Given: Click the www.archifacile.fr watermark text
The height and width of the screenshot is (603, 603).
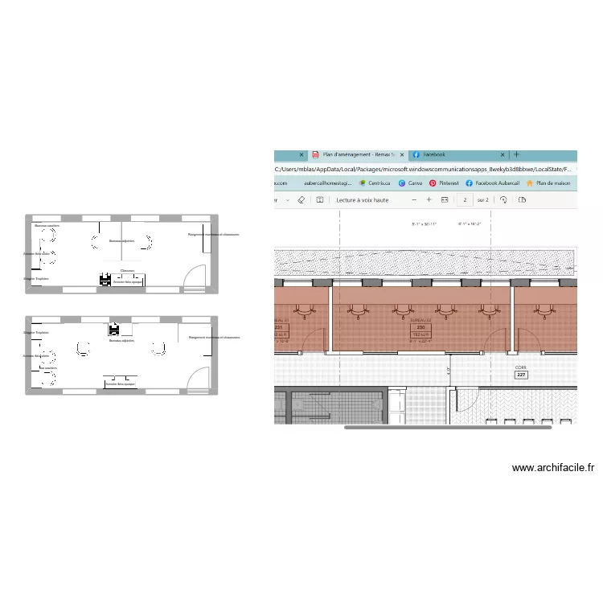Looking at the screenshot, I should pyautogui.click(x=552, y=467).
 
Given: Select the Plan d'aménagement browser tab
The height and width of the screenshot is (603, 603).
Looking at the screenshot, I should pyautogui.click(x=358, y=154).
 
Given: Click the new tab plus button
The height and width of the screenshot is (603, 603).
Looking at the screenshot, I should pyautogui.click(x=516, y=154).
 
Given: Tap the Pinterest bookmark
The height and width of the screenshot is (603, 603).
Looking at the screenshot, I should pyautogui.click(x=444, y=183).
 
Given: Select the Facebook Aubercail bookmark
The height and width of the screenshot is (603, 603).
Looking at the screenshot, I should pyautogui.click(x=492, y=183).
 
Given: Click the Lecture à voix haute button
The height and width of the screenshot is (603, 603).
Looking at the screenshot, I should pyautogui.click(x=362, y=199).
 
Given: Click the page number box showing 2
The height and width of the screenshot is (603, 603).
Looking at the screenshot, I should pyautogui.click(x=463, y=199).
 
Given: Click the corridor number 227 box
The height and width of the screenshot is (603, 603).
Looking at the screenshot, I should pyautogui.click(x=521, y=374).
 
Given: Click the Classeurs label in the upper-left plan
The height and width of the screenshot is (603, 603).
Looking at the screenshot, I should pyautogui.click(x=127, y=270).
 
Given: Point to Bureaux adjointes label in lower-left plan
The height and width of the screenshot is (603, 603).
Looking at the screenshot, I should pyautogui.click(x=122, y=340).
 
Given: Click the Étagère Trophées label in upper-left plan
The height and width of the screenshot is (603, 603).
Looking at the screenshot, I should pyautogui.click(x=36, y=278).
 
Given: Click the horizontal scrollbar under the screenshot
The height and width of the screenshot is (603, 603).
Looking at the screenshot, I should pyautogui.click(x=448, y=427).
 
